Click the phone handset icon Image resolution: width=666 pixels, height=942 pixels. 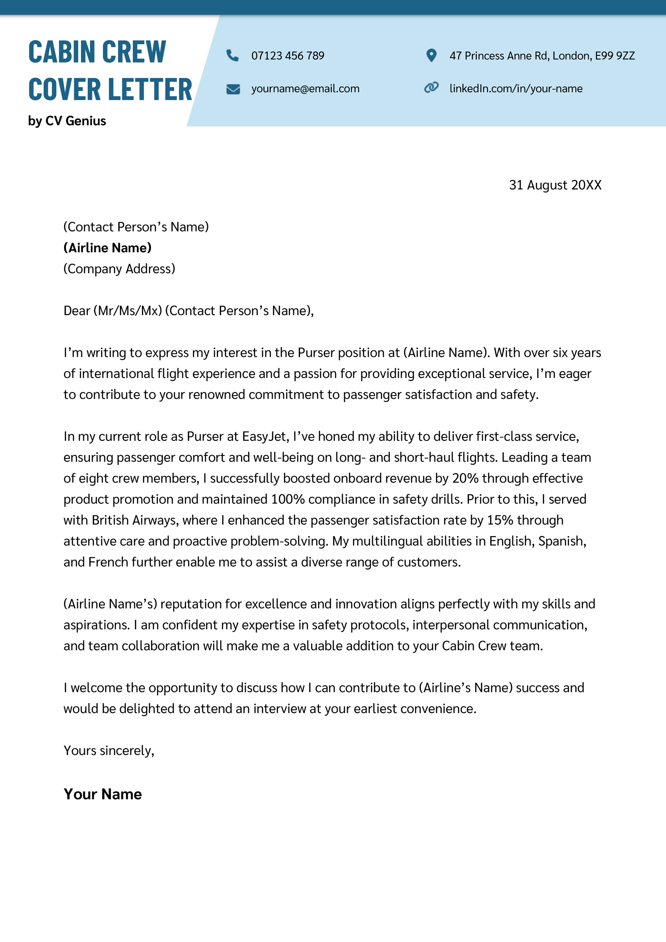[x=232, y=55]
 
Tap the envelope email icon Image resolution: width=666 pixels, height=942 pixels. [x=233, y=89]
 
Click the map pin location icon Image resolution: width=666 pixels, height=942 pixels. [x=432, y=55]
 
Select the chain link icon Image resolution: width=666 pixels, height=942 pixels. [x=431, y=88]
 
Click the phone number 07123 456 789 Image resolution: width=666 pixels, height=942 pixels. [x=288, y=56]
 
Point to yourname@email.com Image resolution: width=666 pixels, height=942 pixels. [x=305, y=89]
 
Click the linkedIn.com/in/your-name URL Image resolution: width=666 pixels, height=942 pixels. [x=516, y=89]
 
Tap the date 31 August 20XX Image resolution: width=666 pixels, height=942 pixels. [x=555, y=185]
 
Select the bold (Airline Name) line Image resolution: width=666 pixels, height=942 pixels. [x=107, y=248]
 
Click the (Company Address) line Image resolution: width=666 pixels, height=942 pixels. [x=119, y=269]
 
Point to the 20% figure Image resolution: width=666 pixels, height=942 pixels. [x=465, y=478]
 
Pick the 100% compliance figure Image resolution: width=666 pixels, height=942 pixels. [x=288, y=500]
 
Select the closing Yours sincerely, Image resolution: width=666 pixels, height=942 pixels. [x=109, y=751]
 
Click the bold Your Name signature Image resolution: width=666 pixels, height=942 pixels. [x=102, y=794]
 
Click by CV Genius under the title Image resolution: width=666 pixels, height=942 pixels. [x=67, y=121]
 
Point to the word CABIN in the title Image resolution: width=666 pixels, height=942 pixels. [x=62, y=52]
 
